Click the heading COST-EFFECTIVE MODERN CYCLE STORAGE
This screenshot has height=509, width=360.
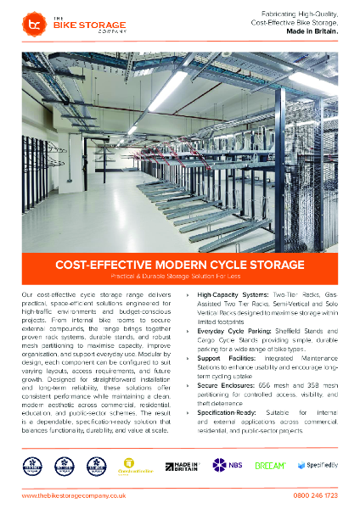[x=180, y=264]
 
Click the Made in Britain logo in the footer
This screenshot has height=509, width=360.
[x=185, y=465]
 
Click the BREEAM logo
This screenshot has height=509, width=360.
[x=271, y=465]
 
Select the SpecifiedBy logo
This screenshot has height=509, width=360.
[x=318, y=465]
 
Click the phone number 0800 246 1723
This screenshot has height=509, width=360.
[x=313, y=495]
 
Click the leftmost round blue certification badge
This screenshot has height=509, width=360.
[x=33, y=465]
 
